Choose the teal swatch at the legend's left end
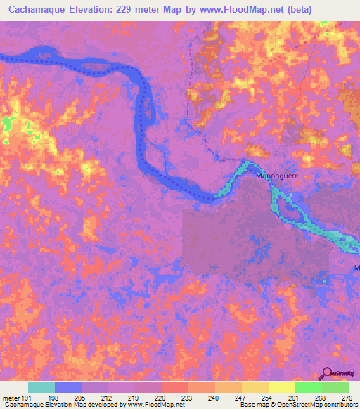(x=41, y=387)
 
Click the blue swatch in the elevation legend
(x=68, y=387)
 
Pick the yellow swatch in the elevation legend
(x=281, y=387)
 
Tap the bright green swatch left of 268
(x=308, y=387)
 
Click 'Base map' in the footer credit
(x=253, y=405)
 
